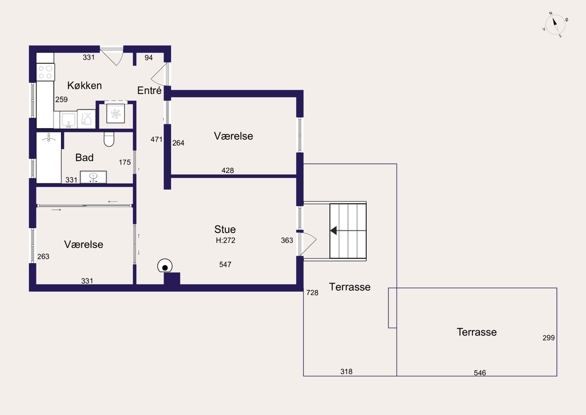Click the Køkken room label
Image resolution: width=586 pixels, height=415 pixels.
tap(84, 85)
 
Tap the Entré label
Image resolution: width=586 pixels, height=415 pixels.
tap(149, 90)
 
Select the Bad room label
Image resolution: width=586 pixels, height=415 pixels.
tap(84, 157)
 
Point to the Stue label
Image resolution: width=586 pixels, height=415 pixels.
tap(225, 229)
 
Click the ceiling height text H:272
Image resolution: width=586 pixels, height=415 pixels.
tap(226, 240)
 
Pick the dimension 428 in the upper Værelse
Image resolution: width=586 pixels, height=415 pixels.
tap(228, 171)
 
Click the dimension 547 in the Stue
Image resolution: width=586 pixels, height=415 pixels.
tap(225, 264)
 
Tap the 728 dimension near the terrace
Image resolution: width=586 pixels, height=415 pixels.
tap(312, 293)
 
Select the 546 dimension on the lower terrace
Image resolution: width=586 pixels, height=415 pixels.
tap(480, 373)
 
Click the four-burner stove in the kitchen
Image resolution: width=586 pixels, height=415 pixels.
tap(45, 72)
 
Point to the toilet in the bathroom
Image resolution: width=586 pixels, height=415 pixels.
tap(109, 139)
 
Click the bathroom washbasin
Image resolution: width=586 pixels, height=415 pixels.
tap(93, 177)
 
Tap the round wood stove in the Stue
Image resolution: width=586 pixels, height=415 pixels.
tap(165, 266)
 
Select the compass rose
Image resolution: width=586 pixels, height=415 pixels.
tap(555, 25)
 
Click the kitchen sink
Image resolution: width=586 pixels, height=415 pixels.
tap(68, 120)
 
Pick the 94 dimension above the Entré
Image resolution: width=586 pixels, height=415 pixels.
tap(149, 58)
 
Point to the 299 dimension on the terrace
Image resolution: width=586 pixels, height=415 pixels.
tap(548, 338)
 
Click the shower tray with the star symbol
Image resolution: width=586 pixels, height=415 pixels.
tap(116, 113)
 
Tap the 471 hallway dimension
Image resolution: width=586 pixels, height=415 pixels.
tap(157, 139)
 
